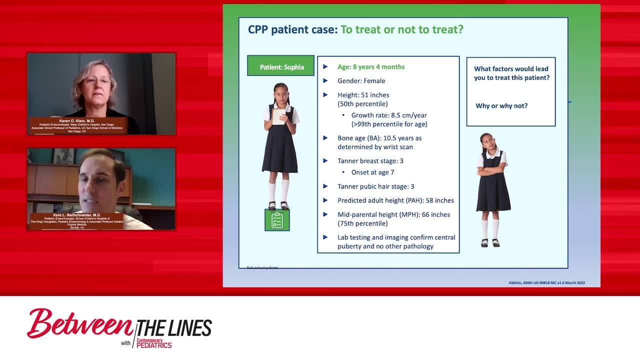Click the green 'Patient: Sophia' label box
tap(281, 66)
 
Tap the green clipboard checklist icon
tap(277, 220)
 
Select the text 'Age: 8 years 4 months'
tap(371, 67)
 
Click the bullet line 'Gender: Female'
tap(361, 81)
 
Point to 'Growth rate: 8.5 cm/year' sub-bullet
tap(388, 115)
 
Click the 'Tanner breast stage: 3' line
tap(370, 161)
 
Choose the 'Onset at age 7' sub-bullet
tap(372, 172)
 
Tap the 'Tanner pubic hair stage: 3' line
tap(375, 186)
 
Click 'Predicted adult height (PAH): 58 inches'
tap(395, 200)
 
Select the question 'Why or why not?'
tap(501, 106)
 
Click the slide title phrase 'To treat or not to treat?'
tap(402, 29)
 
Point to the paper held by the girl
tap(278, 115)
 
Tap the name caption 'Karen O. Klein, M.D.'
tap(77, 121)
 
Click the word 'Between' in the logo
tap(80, 324)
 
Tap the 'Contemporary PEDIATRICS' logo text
tap(154, 343)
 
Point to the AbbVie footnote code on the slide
tap(546, 283)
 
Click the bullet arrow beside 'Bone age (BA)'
tap(325, 138)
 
